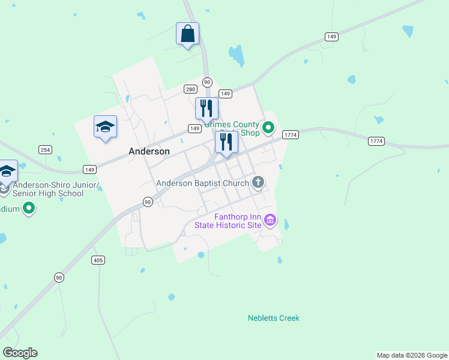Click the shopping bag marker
click(x=187, y=34)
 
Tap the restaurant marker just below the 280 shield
click(x=206, y=109)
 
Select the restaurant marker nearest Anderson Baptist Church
click(x=226, y=143)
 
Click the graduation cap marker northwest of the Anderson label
click(x=105, y=127)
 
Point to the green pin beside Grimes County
click(x=269, y=127)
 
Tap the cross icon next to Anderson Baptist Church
click(x=259, y=182)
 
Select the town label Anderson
click(x=149, y=152)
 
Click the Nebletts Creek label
click(x=273, y=318)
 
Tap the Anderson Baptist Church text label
click(x=202, y=183)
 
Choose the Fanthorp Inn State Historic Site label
click(x=228, y=221)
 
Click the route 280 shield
click(x=190, y=89)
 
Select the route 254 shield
click(x=45, y=149)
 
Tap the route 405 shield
click(x=98, y=260)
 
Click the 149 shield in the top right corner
click(x=331, y=37)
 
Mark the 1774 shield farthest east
click(x=376, y=141)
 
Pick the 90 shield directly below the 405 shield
click(x=58, y=277)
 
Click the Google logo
click(x=20, y=353)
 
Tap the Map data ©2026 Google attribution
click(x=412, y=355)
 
